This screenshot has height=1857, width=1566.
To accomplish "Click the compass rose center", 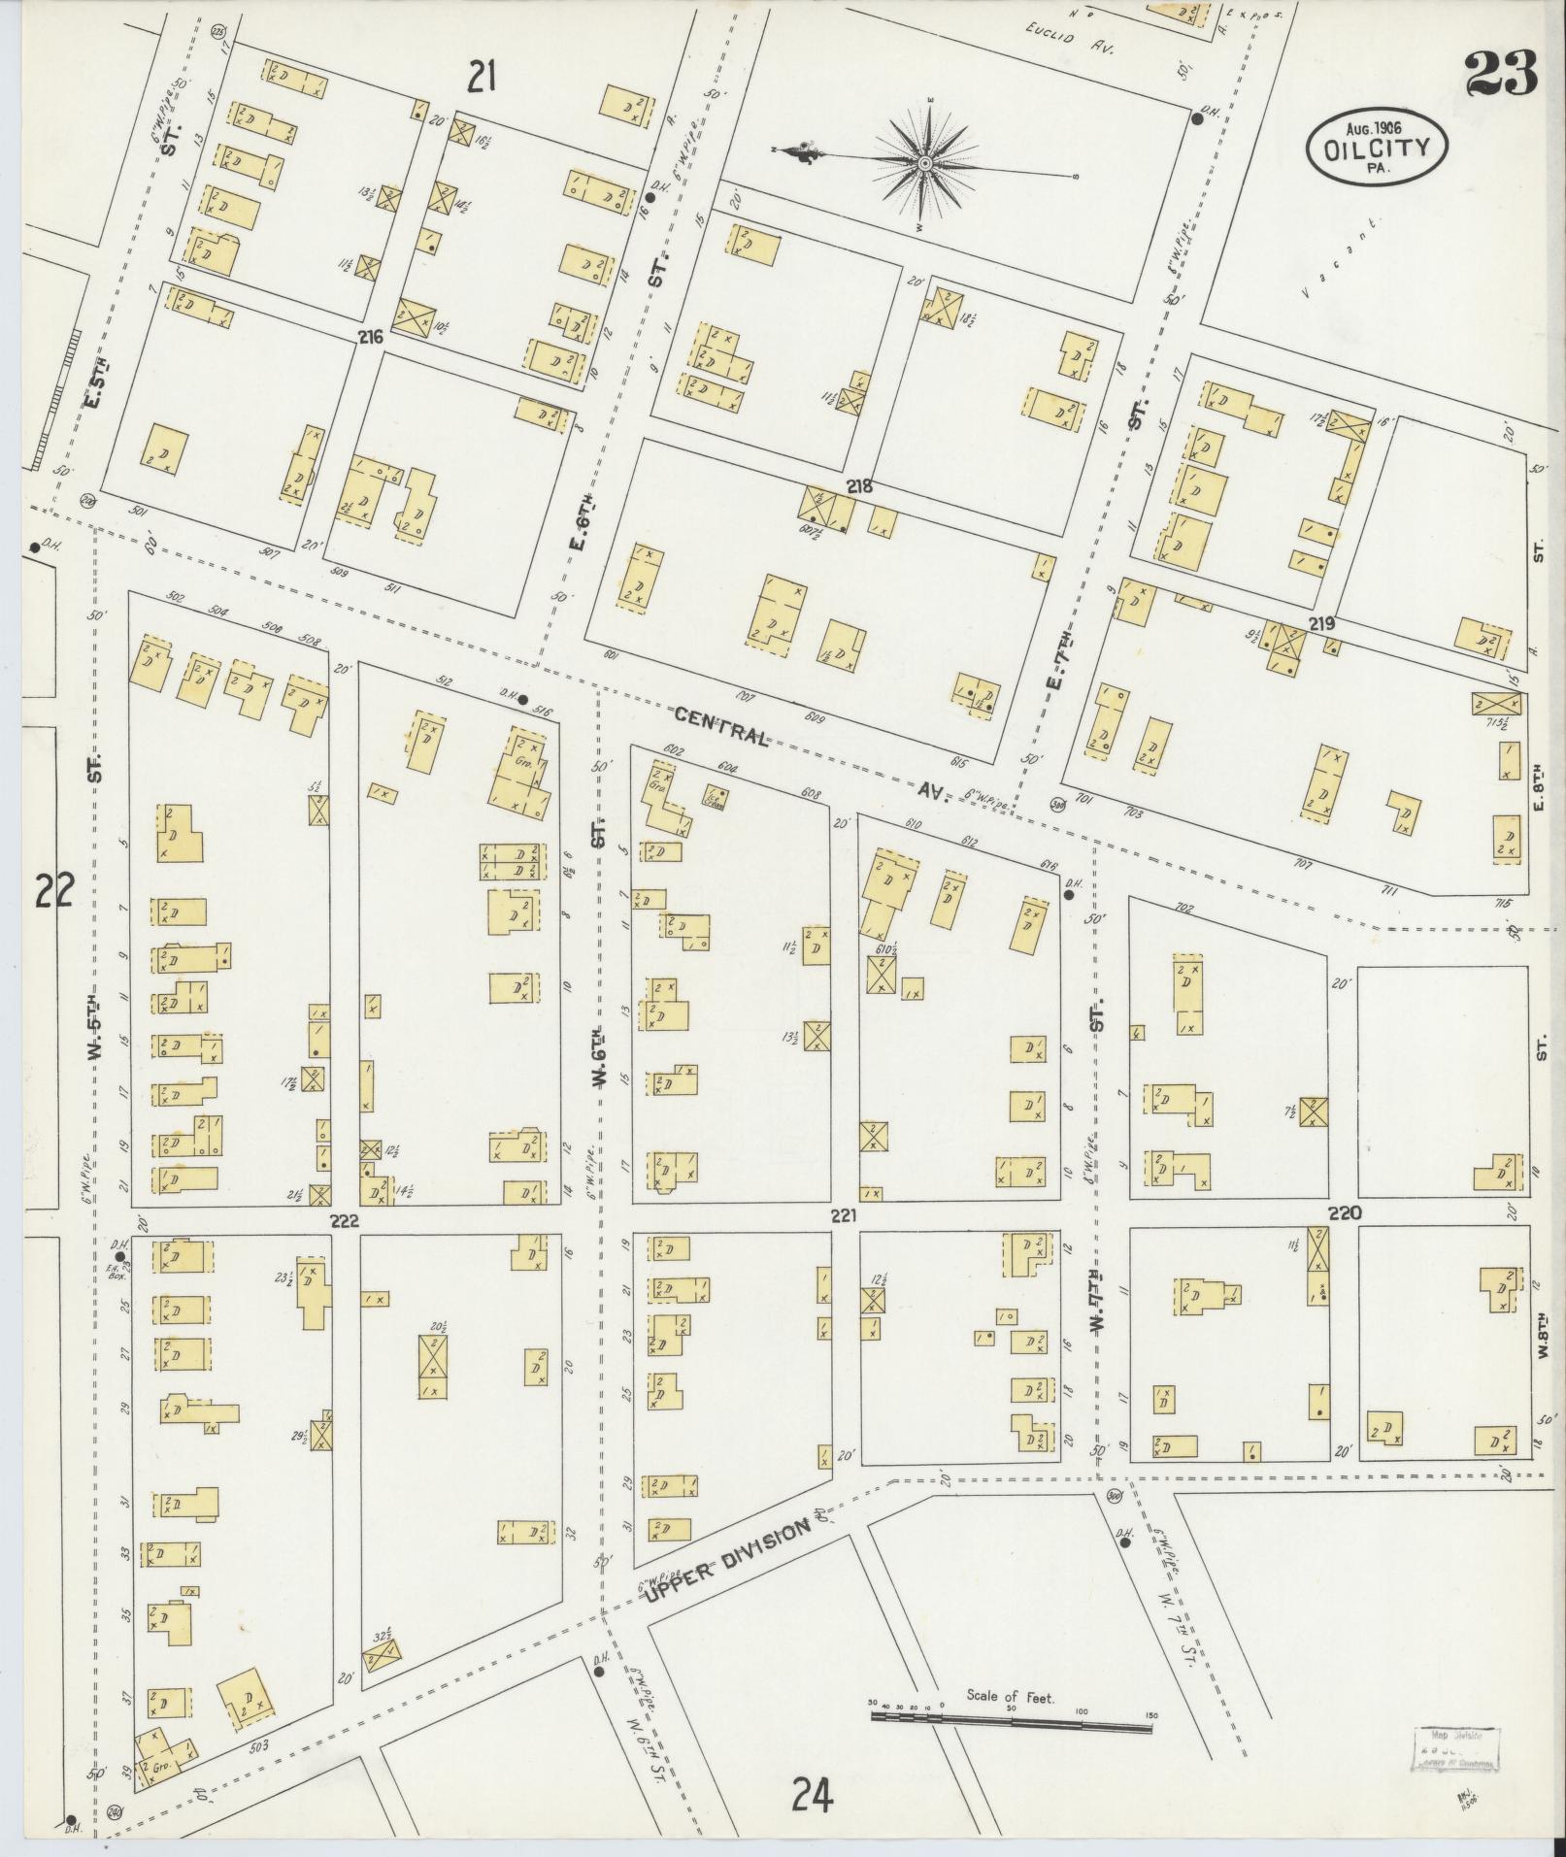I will point(925,162).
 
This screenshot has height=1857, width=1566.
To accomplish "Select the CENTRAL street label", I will point(722,728).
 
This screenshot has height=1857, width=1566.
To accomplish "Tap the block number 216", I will point(370,338).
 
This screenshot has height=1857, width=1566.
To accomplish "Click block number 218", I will point(859,487).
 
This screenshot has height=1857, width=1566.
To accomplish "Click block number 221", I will point(843,1213).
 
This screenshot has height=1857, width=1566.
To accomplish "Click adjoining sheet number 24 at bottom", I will point(812,1794).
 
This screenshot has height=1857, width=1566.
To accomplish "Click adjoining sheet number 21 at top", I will point(482,75).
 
